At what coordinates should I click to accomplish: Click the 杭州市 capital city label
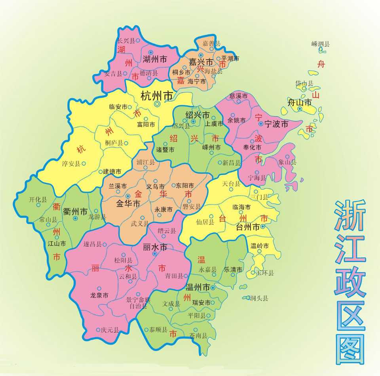click(157, 95)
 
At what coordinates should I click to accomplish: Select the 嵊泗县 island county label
click(320, 44)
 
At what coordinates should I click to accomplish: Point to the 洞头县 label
click(259, 298)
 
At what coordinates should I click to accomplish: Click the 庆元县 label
click(110, 329)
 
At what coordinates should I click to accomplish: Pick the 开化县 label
click(38, 200)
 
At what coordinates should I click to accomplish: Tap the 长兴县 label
click(126, 40)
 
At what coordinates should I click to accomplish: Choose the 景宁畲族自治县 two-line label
click(138, 302)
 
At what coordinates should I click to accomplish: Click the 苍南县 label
click(198, 336)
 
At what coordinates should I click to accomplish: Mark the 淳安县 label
click(71, 163)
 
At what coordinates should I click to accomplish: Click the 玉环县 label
click(265, 273)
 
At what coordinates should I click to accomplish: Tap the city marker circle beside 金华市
click(127, 196)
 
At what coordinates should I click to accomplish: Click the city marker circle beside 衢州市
click(75, 218)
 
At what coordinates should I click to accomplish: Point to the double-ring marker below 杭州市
click(158, 104)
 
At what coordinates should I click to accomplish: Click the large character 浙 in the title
click(350, 216)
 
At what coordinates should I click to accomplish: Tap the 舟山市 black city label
click(300, 102)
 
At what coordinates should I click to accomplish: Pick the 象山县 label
click(287, 162)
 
